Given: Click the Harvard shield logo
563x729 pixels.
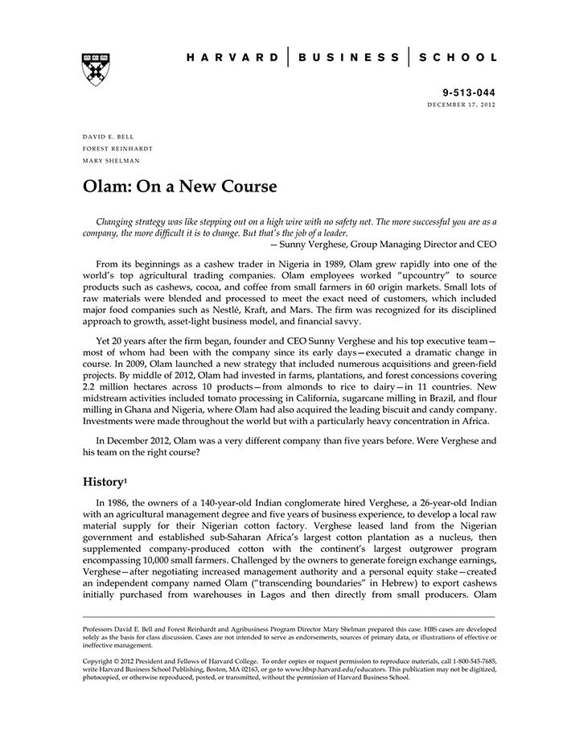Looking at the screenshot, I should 96,68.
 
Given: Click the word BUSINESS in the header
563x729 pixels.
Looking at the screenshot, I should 347,58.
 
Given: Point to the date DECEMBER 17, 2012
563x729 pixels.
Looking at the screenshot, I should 461,105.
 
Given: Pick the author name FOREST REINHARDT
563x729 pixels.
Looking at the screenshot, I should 117,149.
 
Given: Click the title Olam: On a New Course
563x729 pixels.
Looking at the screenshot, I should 179,187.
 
